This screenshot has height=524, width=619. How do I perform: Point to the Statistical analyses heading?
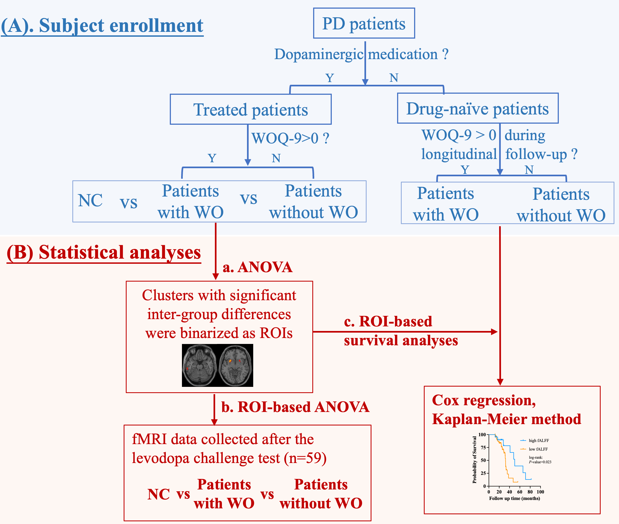(104, 253)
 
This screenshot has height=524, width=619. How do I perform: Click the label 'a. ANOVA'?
(258, 267)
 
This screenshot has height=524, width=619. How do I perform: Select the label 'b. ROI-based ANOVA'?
(296, 407)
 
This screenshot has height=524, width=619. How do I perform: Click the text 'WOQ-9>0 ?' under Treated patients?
(290, 138)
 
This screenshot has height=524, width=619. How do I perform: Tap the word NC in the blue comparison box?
(90, 201)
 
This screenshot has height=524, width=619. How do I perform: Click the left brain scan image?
(200, 365)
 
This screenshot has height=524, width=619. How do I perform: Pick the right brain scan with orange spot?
(236, 365)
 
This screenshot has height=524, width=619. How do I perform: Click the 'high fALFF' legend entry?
(535, 441)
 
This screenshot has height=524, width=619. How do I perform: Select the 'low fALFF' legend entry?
(534, 449)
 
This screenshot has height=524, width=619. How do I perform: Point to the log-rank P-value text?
(540, 460)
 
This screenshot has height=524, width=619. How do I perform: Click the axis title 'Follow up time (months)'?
(515, 498)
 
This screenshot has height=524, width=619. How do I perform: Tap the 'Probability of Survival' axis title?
(474, 459)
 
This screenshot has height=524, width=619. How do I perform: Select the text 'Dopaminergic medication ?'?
(361, 54)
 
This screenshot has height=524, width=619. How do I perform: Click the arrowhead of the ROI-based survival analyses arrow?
(495, 332)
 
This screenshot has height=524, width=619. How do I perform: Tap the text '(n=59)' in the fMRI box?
(305, 458)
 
